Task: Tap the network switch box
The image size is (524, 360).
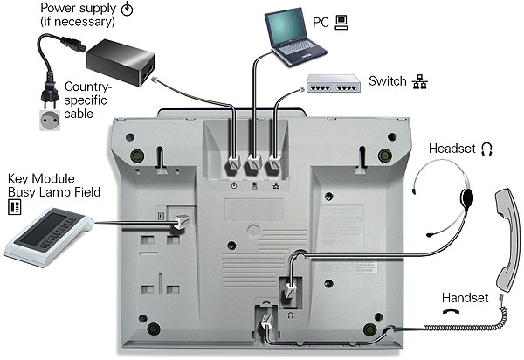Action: coord(334,84)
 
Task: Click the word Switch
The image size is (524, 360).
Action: coord(386,82)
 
